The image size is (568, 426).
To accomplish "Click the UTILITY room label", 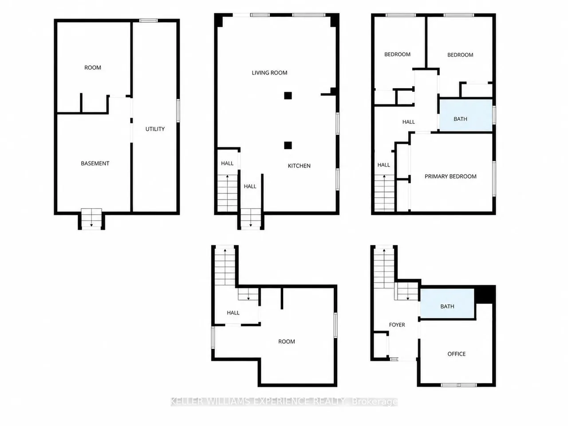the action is point(155,129).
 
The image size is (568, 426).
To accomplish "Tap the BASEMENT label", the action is point(95,163).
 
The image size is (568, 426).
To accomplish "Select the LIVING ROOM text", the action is point(269,73).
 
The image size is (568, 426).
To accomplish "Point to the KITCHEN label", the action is point(299,166).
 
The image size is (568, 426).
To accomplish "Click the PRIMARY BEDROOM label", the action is point(450,177).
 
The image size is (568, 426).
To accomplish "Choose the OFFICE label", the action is point(457,354).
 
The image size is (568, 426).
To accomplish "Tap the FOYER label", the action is point(397,325).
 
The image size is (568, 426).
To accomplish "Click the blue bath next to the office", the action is point(447,304).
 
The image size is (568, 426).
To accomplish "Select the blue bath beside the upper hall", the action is point(466,115).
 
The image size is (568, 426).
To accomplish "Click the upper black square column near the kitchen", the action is point(288,96).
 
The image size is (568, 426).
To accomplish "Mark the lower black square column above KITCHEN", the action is point(288,146).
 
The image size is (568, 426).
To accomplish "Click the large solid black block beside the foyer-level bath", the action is point(485,294).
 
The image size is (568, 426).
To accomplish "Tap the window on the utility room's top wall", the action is point(148,20).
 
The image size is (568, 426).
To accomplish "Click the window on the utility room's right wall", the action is point(178,110).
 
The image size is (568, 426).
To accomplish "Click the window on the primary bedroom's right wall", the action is point(494,179).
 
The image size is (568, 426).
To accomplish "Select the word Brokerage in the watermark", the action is point(375,402).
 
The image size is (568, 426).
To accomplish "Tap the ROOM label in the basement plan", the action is point(93,67).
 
